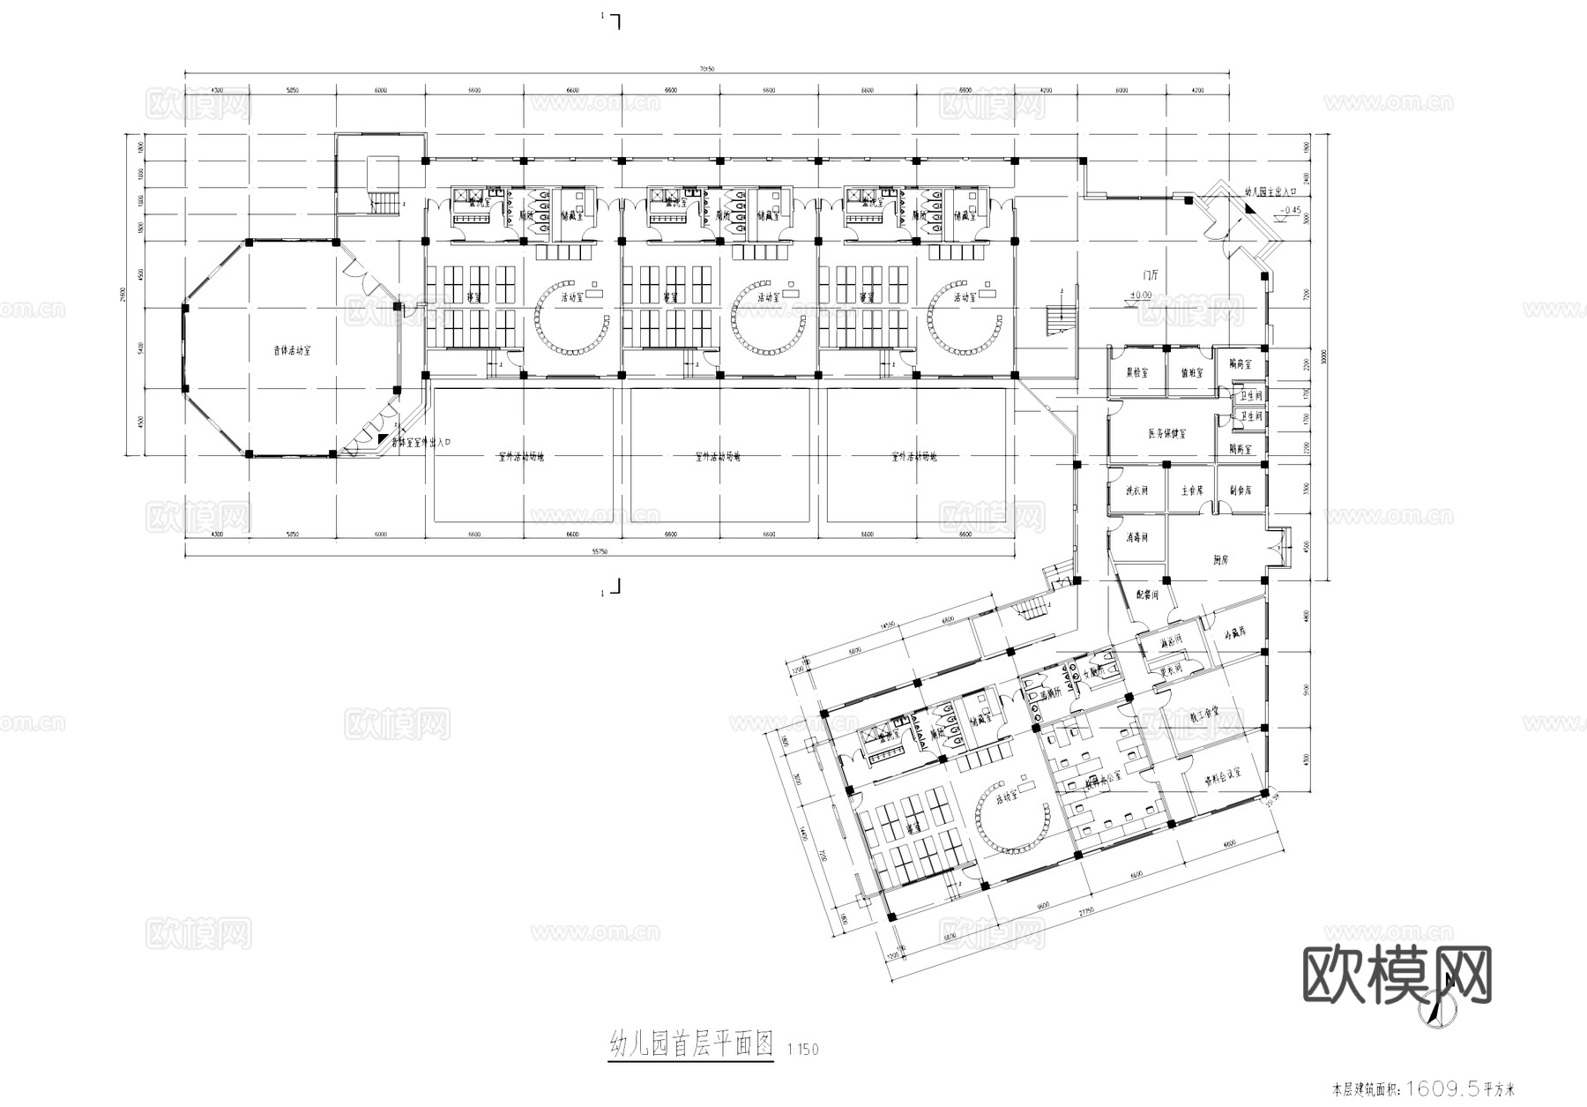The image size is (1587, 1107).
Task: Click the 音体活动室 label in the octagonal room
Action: (x=291, y=350)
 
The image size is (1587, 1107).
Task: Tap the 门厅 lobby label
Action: (x=1148, y=275)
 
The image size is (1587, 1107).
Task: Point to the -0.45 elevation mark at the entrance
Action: (x=1264, y=210)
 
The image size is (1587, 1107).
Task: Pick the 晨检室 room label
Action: (x=1136, y=373)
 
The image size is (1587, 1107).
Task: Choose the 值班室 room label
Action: (x=1190, y=373)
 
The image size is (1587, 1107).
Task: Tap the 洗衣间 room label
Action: (x=1136, y=490)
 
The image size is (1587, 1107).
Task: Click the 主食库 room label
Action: (x=1192, y=490)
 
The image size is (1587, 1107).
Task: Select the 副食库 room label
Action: (x=1241, y=490)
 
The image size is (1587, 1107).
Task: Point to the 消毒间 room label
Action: (x=1136, y=536)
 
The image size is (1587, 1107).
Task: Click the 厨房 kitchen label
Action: (x=1221, y=560)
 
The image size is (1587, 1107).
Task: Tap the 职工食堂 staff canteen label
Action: (x=1203, y=710)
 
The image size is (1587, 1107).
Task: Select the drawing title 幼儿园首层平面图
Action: (x=690, y=1046)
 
